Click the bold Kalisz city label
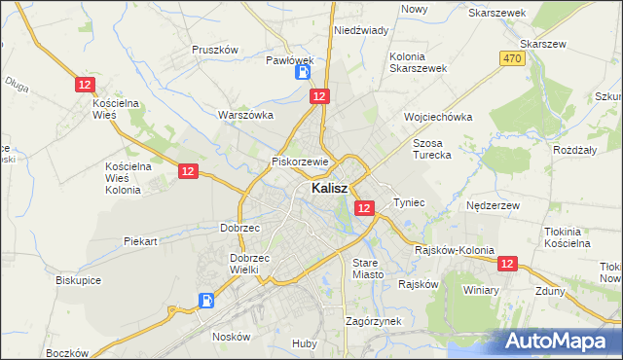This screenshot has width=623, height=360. coord(330,189)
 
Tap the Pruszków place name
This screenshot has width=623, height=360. coord(215,50)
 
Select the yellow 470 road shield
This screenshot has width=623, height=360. coord(513,59)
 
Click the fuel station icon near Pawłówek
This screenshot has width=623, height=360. coord(304,71)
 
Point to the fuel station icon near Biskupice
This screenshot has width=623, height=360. coord(205,301)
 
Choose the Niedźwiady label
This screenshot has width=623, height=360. coord(361,30)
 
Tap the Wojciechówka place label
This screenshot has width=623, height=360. coord(438,117)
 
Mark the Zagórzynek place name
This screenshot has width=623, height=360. coord(374,320)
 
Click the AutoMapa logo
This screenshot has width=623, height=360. coord(559,342)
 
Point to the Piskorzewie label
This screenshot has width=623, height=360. coord(302,162)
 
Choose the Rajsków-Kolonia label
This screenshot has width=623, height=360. coord(450,249)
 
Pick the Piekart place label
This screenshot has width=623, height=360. coord(140,240)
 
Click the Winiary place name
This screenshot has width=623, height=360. coord(481,290)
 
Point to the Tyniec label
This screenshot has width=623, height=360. coord(409,202)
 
